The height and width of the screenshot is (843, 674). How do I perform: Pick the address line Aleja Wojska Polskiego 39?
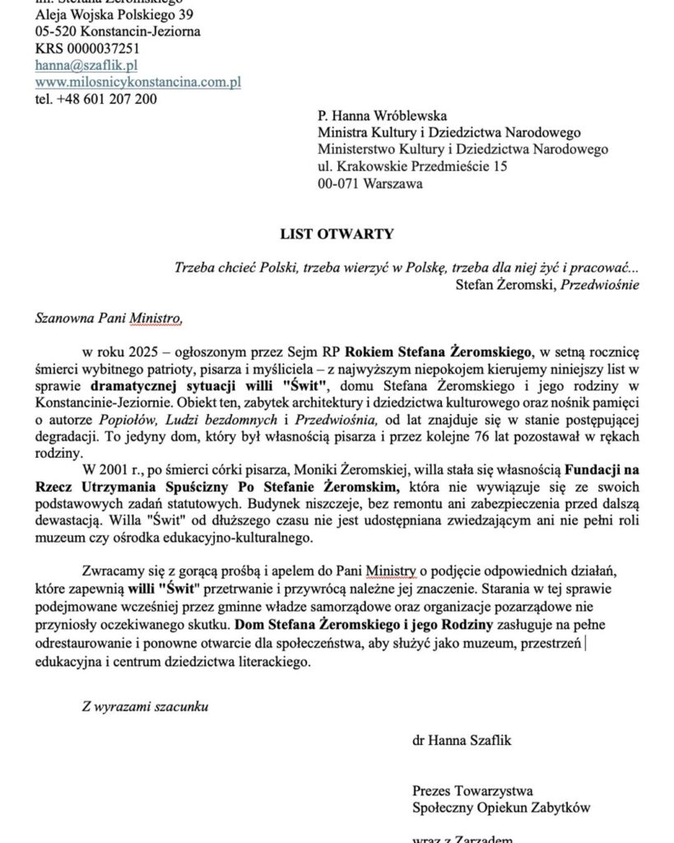[115, 14]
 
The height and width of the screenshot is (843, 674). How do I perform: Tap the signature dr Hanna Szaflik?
[462, 740]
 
